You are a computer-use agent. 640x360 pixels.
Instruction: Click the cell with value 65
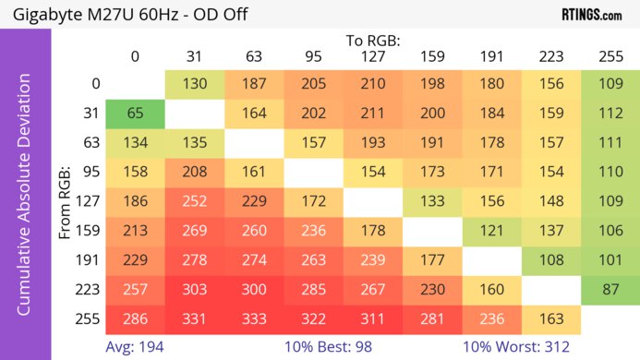[135, 114]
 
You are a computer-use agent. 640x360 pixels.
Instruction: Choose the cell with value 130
[194, 84]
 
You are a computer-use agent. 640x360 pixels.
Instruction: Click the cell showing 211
[372, 114]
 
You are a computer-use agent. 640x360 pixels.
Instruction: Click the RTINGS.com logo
[591, 14]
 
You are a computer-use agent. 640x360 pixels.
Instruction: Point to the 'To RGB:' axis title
[372, 41]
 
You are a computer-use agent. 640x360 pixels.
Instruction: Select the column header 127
[372, 56]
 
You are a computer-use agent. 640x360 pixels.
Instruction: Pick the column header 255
[610, 56]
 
